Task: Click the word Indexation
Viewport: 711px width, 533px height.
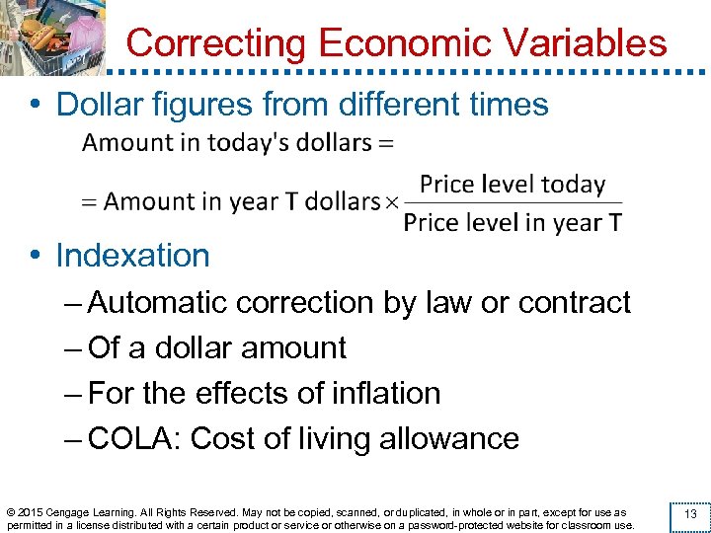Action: [132, 256]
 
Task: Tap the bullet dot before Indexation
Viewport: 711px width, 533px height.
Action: [35, 257]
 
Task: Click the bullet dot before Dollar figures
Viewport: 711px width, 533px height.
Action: [35, 104]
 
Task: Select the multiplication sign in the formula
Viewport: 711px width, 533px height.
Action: [391, 202]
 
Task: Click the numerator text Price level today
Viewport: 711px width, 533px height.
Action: [512, 185]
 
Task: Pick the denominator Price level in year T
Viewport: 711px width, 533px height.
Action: [513, 222]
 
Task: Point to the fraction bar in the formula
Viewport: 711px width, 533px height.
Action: [513, 203]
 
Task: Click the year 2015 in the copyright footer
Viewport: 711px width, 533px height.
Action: [31, 512]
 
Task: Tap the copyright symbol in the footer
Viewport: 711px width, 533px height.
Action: [11, 512]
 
